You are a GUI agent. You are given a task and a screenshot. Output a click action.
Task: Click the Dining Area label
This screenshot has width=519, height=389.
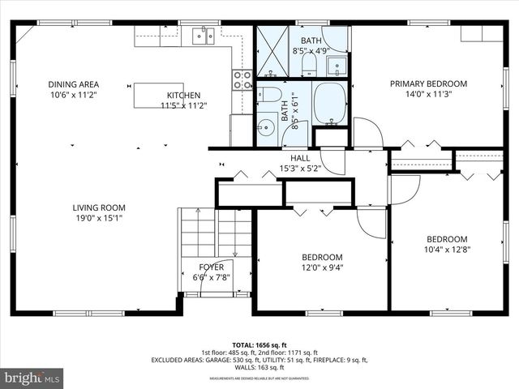[73, 84]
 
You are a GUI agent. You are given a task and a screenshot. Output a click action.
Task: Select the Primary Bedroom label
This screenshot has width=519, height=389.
[428, 83]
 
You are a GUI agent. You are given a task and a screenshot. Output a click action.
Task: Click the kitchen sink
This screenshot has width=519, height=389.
[202, 34]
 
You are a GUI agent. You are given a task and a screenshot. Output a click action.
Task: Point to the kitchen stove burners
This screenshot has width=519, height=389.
[242, 79]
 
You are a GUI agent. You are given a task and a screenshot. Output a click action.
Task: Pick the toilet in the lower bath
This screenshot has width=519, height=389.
[271, 94]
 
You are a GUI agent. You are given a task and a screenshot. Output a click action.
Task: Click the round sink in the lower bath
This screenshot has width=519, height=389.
[266, 127]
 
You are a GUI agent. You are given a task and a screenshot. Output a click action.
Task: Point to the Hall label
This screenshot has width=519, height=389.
[300, 159]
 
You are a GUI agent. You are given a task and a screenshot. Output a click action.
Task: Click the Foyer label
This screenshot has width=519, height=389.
[212, 267]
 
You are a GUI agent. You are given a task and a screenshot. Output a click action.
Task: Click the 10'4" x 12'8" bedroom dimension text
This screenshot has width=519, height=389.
[447, 250]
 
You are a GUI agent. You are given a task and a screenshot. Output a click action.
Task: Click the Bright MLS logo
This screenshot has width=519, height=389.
[32, 378]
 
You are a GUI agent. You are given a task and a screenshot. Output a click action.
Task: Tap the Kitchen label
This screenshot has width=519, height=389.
[183, 95]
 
